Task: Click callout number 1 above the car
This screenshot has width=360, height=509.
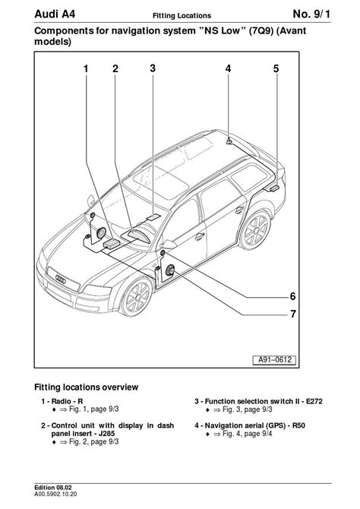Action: point(86,68)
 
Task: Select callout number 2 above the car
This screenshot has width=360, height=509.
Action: point(115,68)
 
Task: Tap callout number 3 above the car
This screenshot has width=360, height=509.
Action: point(153,68)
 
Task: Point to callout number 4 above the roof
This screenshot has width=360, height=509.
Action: point(228,68)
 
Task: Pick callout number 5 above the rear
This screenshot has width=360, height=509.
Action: point(276,68)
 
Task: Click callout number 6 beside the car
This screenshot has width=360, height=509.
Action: point(293,296)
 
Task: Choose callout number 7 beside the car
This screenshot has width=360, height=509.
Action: point(293,314)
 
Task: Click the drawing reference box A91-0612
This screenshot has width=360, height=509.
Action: point(274,359)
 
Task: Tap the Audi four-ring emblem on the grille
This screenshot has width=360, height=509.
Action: point(61,279)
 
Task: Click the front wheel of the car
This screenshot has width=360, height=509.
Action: point(137,296)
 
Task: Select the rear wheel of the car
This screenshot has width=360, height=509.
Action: point(255,230)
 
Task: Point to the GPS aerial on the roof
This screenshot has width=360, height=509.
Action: point(229,141)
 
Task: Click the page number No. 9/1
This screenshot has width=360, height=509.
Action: point(311,14)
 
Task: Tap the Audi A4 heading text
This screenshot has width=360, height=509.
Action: point(55,14)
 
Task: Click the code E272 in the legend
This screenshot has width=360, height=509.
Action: point(314,401)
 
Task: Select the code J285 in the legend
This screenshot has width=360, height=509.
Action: point(106,433)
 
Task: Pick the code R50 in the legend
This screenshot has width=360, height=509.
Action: point(298,425)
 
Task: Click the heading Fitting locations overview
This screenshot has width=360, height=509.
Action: point(87,387)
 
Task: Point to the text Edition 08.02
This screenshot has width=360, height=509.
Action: point(53,488)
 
